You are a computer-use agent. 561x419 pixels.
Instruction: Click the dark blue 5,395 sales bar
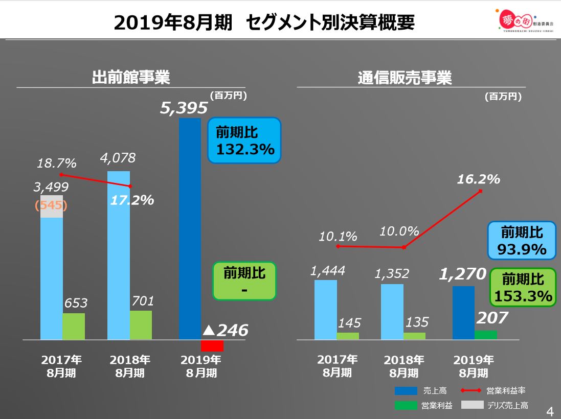[190, 228]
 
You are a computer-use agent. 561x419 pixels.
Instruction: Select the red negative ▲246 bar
[212, 345]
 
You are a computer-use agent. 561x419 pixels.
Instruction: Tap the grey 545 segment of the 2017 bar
[52, 206]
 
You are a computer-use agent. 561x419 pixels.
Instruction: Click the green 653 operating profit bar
[74, 327]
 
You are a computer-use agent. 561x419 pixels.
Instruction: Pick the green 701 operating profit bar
[141, 325]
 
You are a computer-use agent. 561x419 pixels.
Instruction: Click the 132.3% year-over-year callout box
[244, 141]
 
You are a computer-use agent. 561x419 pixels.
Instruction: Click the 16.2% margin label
[478, 179]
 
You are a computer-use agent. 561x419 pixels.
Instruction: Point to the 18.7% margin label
[56, 164]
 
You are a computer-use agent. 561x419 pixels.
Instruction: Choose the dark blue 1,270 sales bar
[463, 313]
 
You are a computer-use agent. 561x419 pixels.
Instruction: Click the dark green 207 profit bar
[486, 335]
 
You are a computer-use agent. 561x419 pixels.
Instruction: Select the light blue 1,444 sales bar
[326, 310]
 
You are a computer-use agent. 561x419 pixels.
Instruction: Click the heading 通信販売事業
[405, 78]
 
